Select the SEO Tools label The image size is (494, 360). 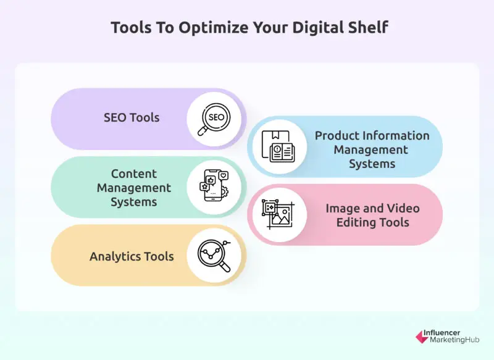[132, 117]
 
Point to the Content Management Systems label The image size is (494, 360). [134, 188]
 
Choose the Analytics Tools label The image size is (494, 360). [132, 256]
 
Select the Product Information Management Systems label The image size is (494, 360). [372, 149]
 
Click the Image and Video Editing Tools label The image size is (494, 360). [372, 215]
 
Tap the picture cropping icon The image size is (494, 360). [278, 215]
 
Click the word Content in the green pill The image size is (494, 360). [134, 174]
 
